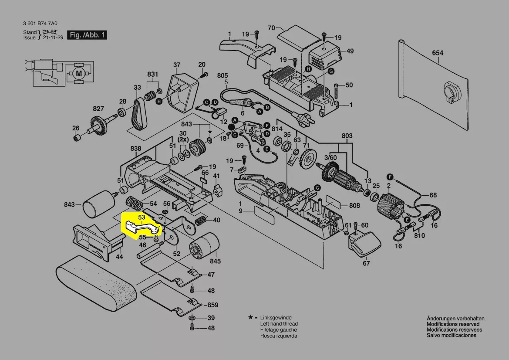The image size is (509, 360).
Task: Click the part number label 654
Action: tap(438, 53)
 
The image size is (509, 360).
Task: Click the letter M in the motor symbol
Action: tap(79, 73)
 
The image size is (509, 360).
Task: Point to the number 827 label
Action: tap(98, 109)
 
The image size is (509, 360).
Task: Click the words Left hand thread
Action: tap(279, 324)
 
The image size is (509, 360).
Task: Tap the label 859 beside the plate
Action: tap(212, 305)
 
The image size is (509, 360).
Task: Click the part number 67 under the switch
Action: tap(366, 263)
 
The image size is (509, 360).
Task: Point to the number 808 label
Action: tap(354, 205)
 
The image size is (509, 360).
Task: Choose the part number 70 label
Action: tap(272, 28)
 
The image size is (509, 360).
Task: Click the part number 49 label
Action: tap(350, 51)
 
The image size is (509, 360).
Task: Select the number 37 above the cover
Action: tap(177, 65)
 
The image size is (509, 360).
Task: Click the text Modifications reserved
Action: tap(453, 324)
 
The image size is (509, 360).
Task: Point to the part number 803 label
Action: tap(347, 136)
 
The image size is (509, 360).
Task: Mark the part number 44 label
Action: tap(119, 257)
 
